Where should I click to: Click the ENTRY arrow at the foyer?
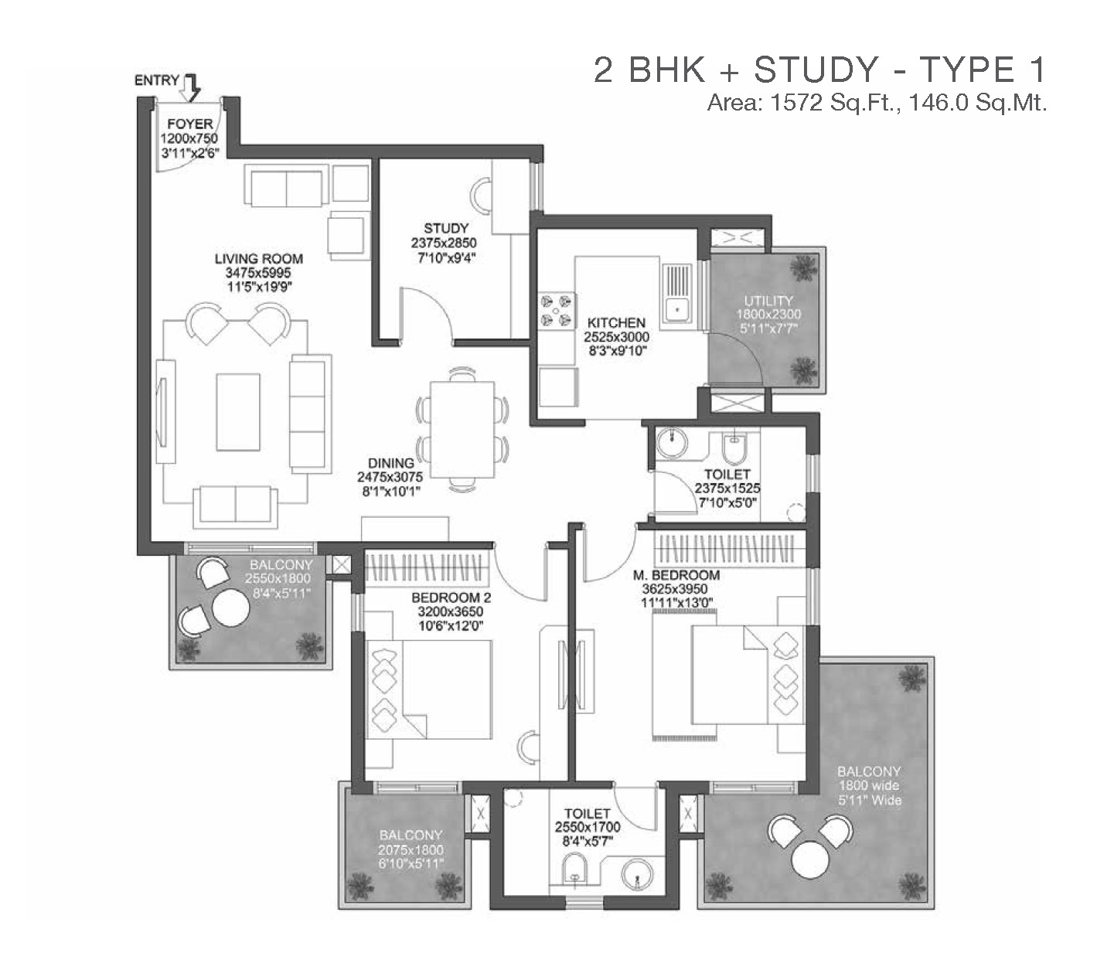tap(190, 88)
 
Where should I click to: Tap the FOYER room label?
tap(190, 124)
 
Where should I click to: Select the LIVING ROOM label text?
tap(259, 259)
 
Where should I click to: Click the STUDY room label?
tap(446, 228)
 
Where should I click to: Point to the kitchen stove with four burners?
tap(556, 311)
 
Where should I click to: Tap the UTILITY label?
tap(768, 301)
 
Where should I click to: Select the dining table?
tap(462, 429)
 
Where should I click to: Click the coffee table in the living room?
tap(238, 412)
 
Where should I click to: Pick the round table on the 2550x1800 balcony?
tap(231, 608)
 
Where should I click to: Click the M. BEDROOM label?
tap(676, 575)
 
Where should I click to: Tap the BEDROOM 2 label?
tap(451, 597)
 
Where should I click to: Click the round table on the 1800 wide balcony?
tap(810, 860)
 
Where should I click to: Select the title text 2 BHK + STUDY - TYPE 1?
tap(819, 70)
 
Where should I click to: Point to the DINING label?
tap(391, 463)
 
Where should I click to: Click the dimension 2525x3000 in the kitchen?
tap(617, 337)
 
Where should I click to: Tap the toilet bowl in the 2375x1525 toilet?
tap(734, 448)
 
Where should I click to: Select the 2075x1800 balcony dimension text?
tap(411, 850)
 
